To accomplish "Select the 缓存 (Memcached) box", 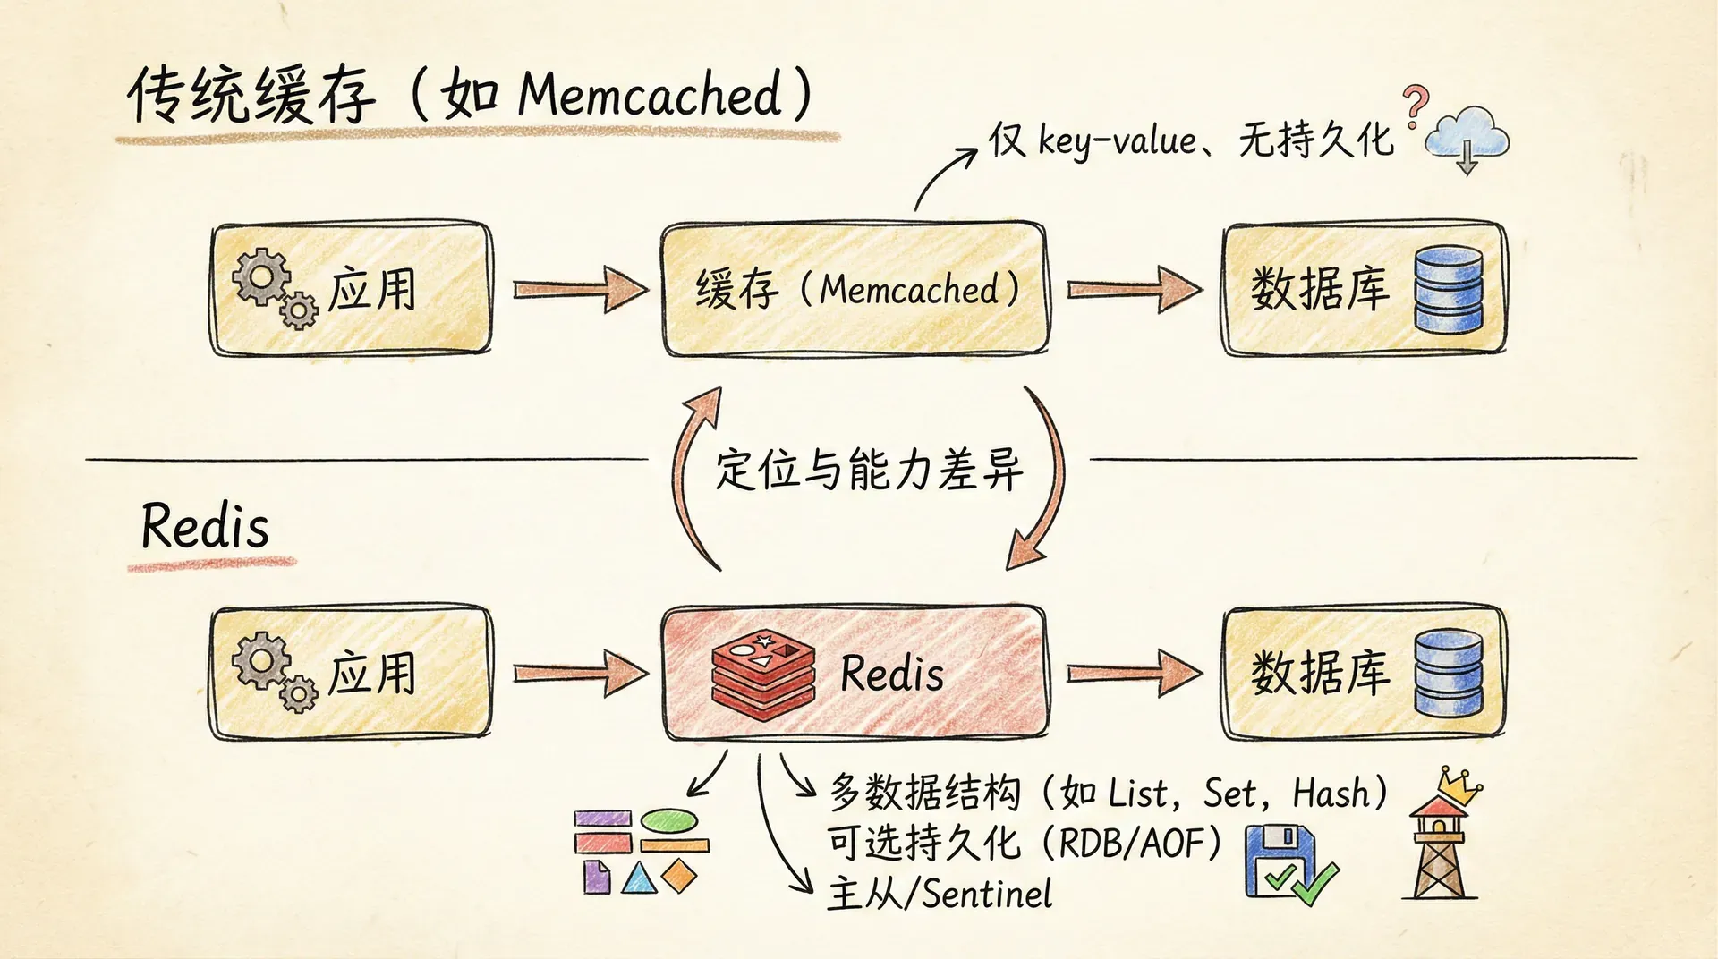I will click(855, 289).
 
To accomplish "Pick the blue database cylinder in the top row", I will click(1448, 289).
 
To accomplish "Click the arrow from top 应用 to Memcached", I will click(580, 289).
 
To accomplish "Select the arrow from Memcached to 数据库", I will click(1134, 289).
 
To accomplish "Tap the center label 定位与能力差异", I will click(868, 469).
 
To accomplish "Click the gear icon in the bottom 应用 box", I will click(262, 662).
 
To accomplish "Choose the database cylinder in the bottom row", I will click(1448, 673).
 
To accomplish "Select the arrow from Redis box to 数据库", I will click(1134, 673).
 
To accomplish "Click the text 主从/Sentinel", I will click(940, 894).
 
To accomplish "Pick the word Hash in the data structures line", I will click(1331, 794).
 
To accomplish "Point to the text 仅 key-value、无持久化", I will click(1190, 140).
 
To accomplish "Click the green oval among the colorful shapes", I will click(669, 819).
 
